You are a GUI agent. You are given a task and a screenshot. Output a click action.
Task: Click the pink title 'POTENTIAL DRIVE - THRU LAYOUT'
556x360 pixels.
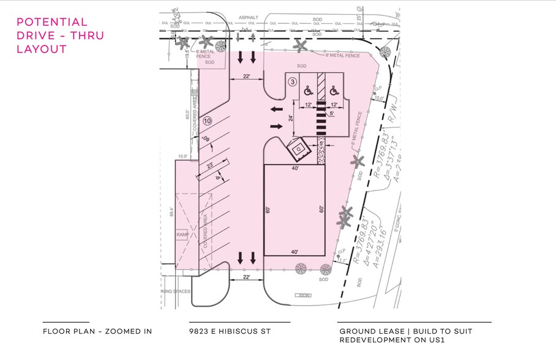pos(60,36)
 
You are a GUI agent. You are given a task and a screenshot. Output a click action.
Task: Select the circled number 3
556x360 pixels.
pos(293,81)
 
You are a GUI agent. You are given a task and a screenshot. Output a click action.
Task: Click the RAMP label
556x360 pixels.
pos(182,234)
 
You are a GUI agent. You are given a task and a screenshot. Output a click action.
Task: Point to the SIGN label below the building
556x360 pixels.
pos(302,296)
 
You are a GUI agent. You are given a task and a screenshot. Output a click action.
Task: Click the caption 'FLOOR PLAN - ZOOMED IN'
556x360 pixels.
pos(97,331)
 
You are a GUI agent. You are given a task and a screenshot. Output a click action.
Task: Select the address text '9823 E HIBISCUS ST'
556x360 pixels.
pos(230,331)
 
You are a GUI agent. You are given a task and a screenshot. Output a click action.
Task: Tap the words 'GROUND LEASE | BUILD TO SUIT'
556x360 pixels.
pos(406,331)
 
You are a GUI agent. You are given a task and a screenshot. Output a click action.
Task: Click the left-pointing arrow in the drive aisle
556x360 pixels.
pos(276,110)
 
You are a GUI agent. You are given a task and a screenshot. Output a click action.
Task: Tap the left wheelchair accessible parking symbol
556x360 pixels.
pos(308,90)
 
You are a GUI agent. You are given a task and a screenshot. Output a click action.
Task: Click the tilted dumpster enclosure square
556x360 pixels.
pos(298,148)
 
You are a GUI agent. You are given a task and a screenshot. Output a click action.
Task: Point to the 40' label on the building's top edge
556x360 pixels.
pos(295,168)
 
